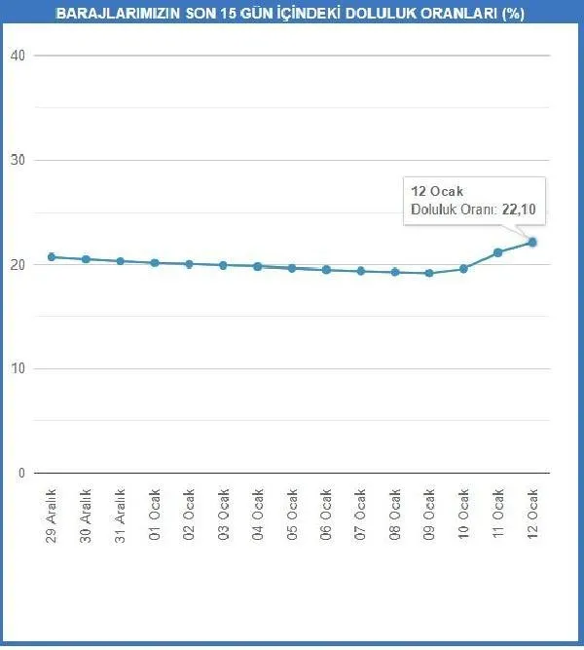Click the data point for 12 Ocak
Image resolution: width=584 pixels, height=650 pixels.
click(532, 242)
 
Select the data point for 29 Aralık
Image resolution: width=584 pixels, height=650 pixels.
click(52, 257)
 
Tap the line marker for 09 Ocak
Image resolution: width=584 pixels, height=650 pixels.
click(428, 273)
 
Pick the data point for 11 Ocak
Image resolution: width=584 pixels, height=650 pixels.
click(497, 252)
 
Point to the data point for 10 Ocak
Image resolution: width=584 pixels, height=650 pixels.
click(463, 268)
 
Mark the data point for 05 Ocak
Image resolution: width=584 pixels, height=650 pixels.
click(292, 268)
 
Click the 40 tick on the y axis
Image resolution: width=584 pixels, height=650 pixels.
click(16, 56)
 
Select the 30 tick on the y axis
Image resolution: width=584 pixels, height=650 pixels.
click(16, 160)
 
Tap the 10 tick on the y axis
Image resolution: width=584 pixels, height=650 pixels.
click(16, 368)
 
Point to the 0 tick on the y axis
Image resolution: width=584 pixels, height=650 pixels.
click(19, 473)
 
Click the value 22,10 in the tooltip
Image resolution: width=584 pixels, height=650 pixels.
click(520, 208)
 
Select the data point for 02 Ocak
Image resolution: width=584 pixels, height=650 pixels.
click(189, 264)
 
